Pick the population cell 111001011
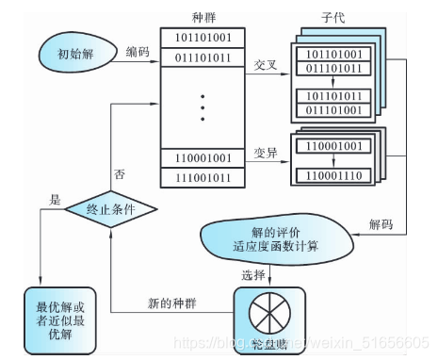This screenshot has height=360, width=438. coord(203,177)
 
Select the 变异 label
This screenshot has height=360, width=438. coord(267,152)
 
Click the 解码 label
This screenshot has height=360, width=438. coord(381,224)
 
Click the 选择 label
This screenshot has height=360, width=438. coord(253,276)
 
